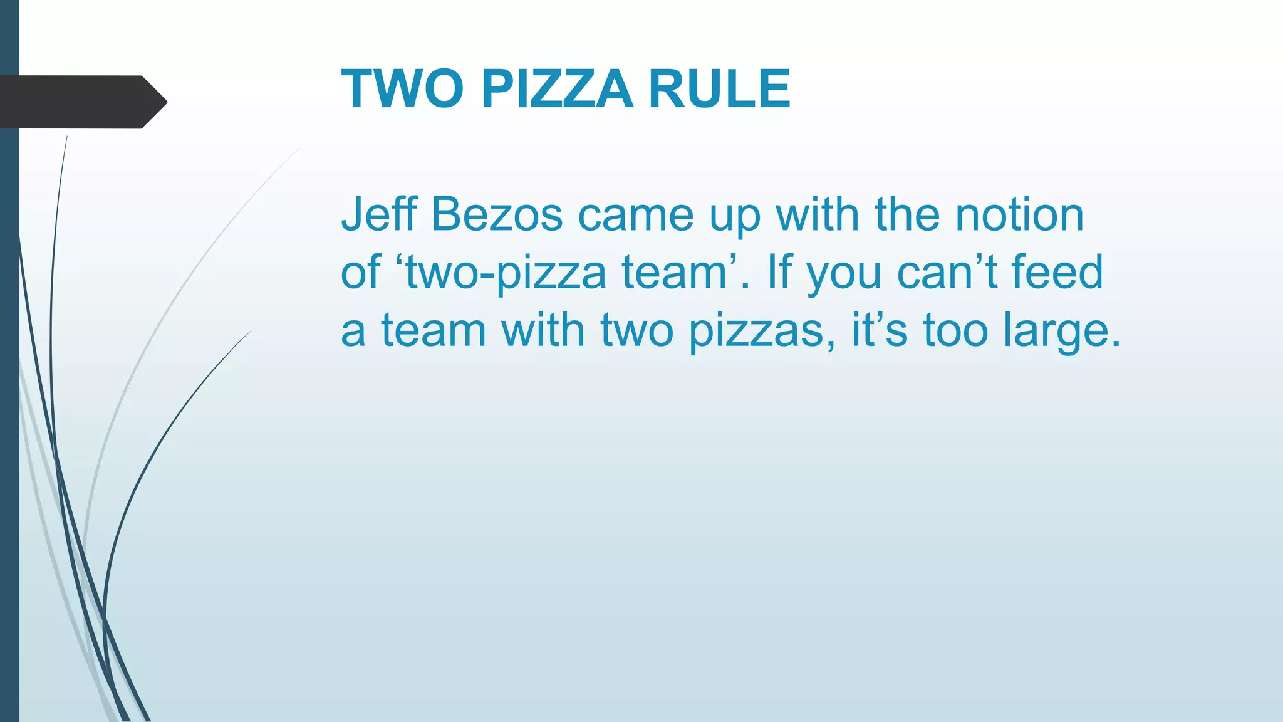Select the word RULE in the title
(x=719, y=89)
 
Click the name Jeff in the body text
(x=378, y=214)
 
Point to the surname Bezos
(x=497, y=214)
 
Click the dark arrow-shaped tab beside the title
(x=81, y=102)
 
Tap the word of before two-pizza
(x=360, y=272)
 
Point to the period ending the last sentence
(x=1114, y=343)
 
